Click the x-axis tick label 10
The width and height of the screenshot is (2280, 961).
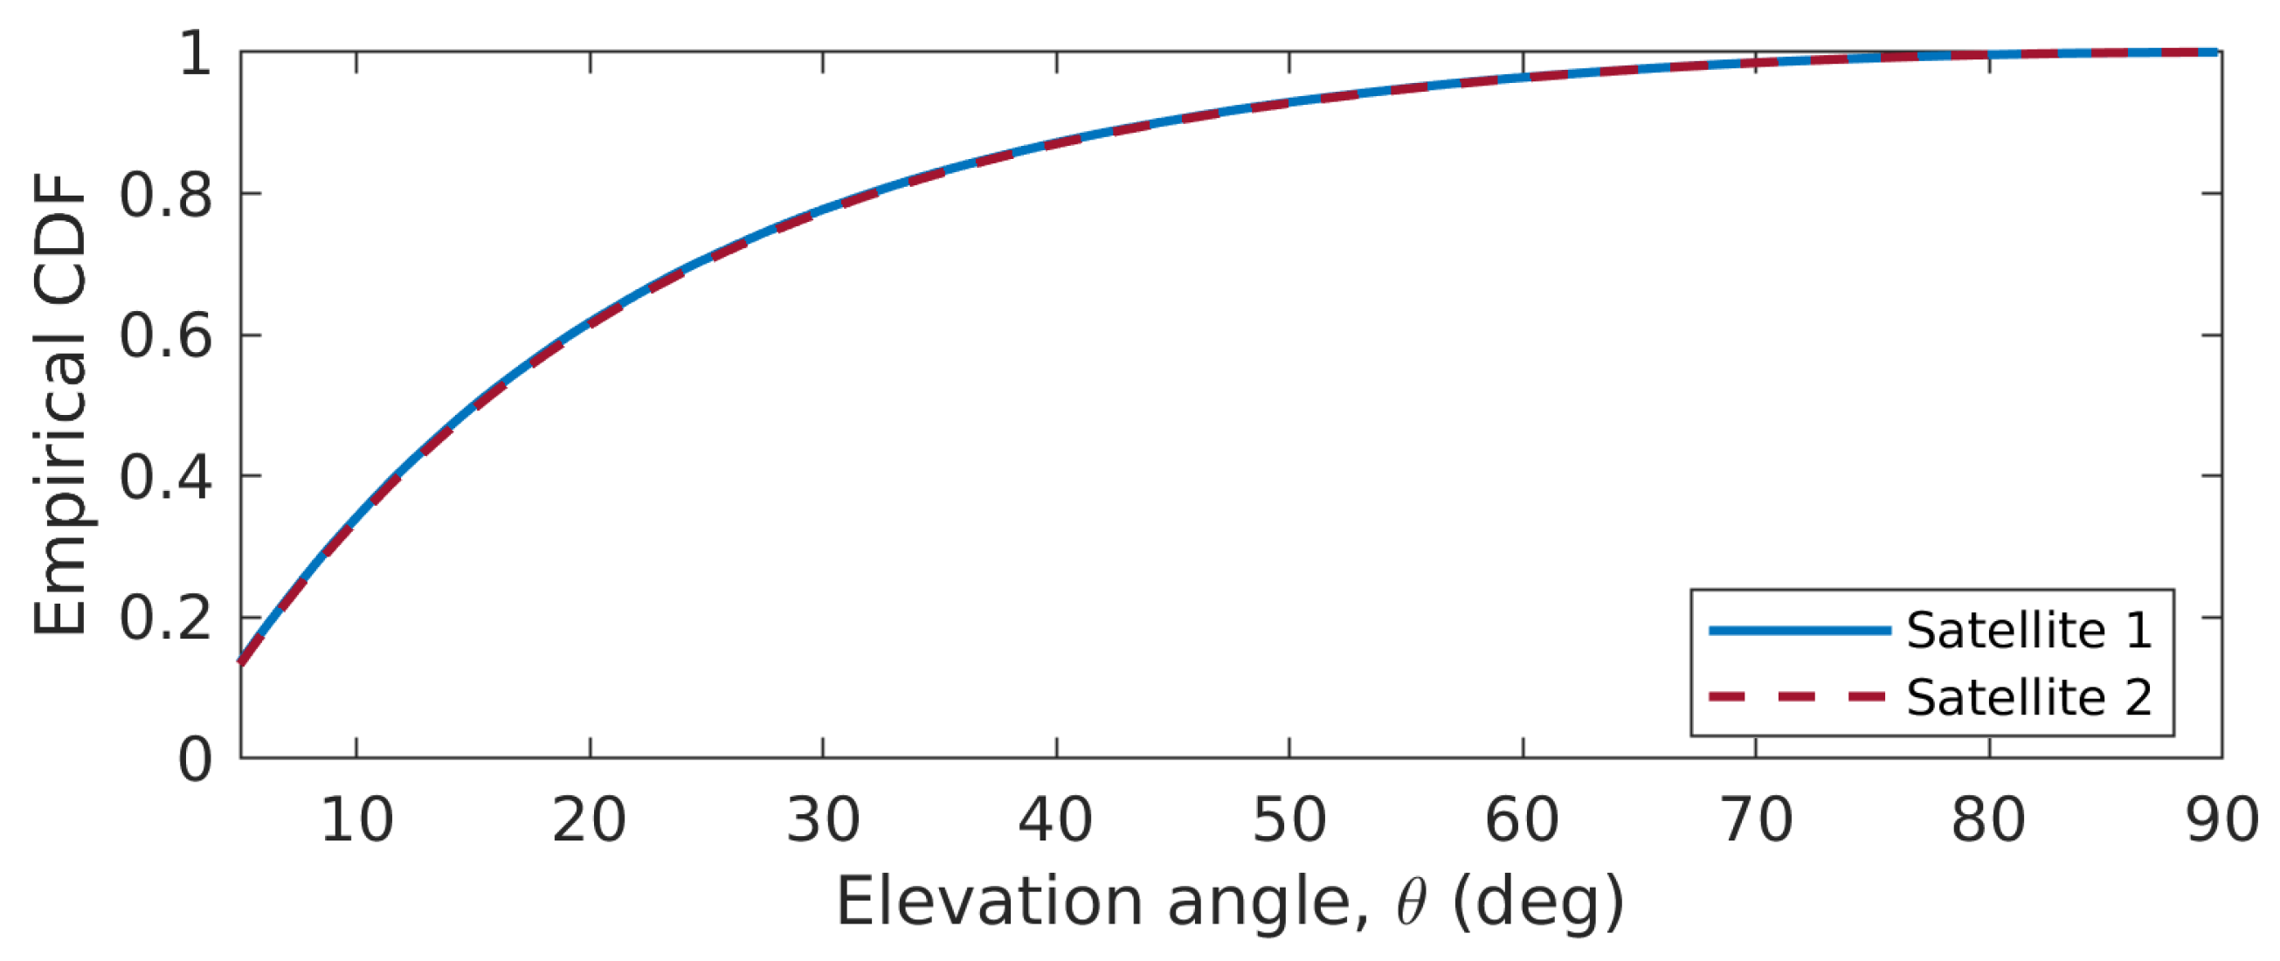point(356,820)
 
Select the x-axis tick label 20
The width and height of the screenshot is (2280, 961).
point(590,820)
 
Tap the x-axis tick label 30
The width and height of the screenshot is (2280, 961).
point(823,820)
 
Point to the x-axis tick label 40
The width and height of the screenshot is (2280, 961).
point(1055,820)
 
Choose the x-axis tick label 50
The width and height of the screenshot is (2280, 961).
point(1289,820)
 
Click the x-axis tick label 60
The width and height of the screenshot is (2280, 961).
point(1523,820)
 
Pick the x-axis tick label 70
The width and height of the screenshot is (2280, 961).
point(1757,820)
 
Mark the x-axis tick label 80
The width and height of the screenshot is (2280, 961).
point(1989,820)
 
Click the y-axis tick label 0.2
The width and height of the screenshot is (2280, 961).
point(166,618)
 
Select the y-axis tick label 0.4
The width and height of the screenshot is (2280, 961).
point(166,477)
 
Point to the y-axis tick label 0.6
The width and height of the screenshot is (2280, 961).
point(166,336)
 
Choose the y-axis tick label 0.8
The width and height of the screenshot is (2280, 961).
point(166,195)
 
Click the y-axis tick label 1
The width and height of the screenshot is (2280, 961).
point(195,53)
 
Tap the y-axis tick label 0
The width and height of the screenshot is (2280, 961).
point(195,759)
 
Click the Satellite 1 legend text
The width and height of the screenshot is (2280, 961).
point(2028,631)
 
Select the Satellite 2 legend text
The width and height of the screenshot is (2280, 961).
point(2028,698)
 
